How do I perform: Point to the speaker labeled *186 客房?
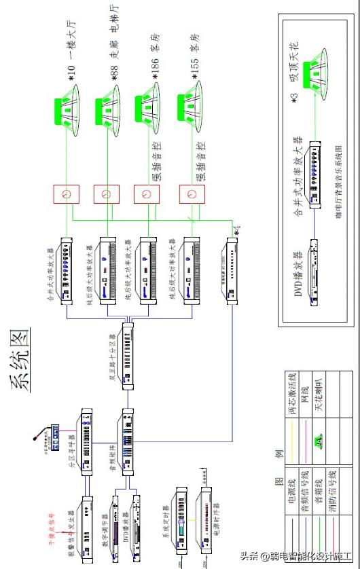pos(150,107)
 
